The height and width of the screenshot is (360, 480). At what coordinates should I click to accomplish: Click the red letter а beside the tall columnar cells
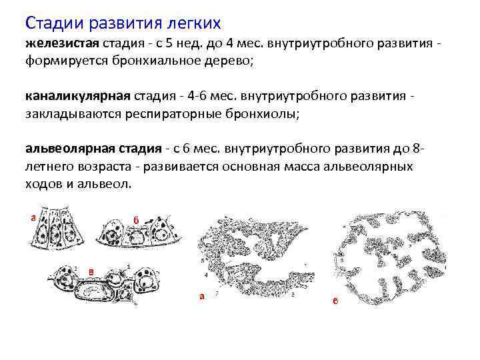pos(32,217)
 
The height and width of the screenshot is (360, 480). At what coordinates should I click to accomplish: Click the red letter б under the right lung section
pos(335,301)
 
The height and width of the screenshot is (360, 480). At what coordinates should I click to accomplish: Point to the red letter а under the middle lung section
pos(201,297)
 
